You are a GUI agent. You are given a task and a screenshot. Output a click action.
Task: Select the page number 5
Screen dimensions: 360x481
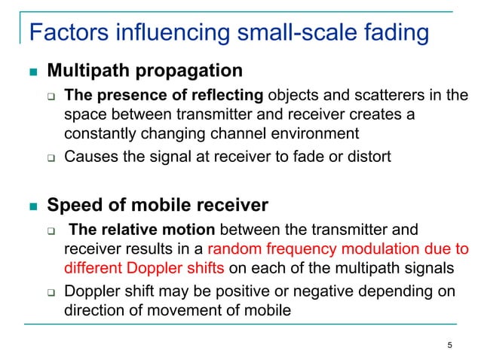tap(450, 346)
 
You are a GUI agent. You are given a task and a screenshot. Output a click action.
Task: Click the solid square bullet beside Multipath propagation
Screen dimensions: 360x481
tap(32, 72)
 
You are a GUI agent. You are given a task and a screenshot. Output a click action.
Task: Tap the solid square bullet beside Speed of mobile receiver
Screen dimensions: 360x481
tap(32, 205)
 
